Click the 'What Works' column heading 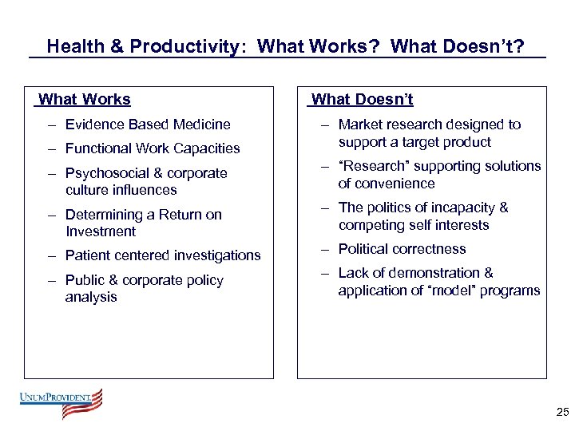tap(85, 100)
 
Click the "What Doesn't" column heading tap(362, 100)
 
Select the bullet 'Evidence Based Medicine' tap(148, 125)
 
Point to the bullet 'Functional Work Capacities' tap(153, 148)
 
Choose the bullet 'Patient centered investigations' tap(163, 255)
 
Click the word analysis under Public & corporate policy tap(91, 297)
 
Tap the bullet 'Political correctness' tap(402, 249)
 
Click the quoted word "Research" tap(374, 166)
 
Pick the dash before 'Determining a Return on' tap(51, 215)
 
